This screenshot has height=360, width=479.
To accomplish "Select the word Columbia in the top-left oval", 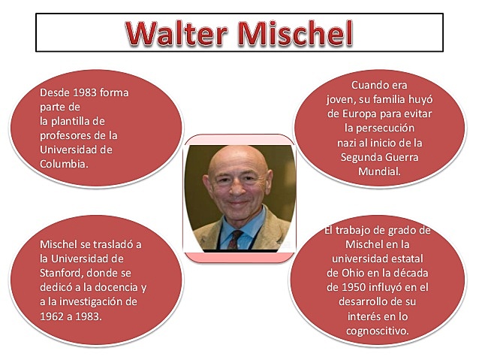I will [x=63, y=163].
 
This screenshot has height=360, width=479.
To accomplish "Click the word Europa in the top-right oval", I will [x=346, y=113].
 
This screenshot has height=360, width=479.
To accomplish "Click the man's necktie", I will [x=236, y=239].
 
